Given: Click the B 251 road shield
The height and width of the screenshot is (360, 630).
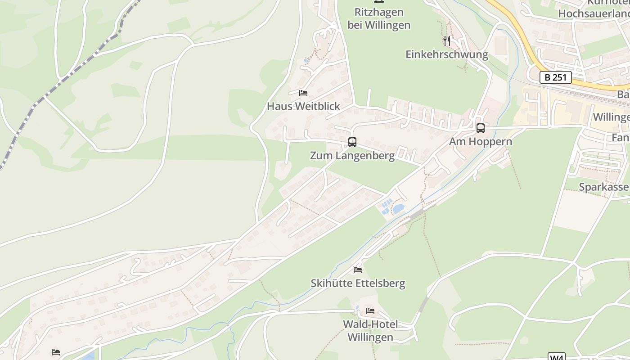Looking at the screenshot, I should click(x=555, y=77).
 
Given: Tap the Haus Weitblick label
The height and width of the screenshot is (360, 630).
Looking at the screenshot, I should click(x=303, y=106).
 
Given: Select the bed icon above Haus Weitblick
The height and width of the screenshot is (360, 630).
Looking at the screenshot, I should click(x=303, y=93).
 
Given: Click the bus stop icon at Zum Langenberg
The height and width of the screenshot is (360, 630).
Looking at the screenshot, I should click(x=352, y=142).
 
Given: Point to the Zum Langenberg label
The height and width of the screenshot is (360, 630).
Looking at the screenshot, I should click(x=352, y=156).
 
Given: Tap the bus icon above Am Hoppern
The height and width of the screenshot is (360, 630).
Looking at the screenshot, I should click(x=481, y=128).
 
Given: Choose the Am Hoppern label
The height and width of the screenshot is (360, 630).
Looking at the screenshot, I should click(x=481, y=142).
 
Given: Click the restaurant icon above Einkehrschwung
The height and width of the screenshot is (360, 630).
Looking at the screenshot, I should click(x=447, y=41).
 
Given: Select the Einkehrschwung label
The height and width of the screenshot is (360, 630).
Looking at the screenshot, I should click(x=447, y=54).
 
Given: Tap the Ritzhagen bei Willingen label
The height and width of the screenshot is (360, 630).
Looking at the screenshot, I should click(x=379, y=18).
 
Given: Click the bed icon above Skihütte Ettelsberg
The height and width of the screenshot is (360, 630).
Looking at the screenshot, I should click(x=358, y=270).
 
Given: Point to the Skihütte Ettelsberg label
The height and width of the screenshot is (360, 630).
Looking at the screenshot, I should click(x=358, y=283).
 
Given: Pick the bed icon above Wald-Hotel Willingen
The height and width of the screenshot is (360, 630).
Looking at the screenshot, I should click(x=370, y=311).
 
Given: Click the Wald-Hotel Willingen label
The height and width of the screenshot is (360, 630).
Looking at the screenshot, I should click(x=370, y=331).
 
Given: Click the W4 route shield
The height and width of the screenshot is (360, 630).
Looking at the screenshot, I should click(x=557, y=357).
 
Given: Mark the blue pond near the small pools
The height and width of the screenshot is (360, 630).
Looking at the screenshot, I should click(x=398, y=209).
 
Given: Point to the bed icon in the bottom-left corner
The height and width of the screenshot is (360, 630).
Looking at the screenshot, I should click(x=56, y=352).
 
